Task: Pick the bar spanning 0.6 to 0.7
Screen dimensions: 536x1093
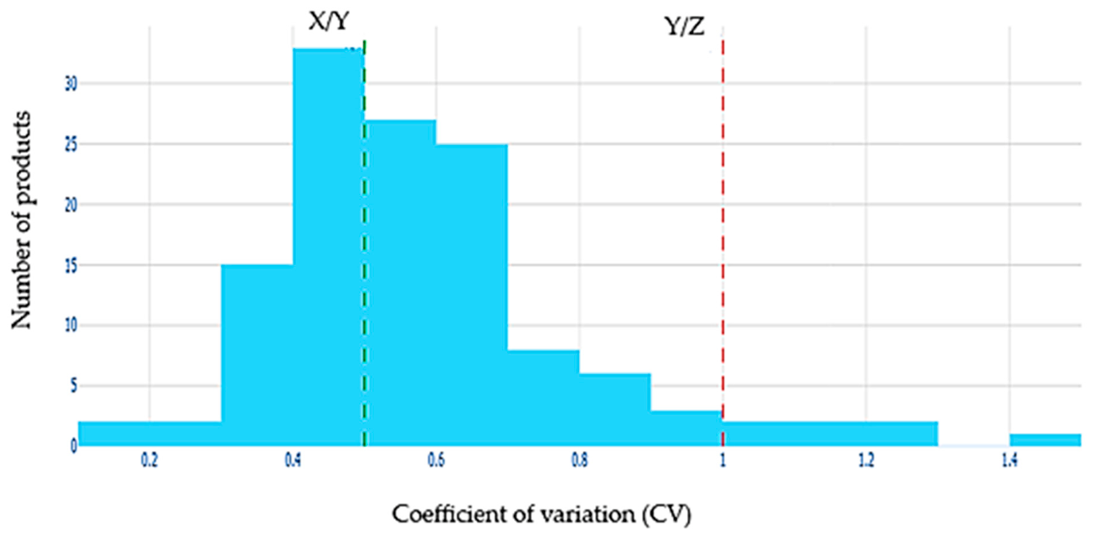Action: point(471,294)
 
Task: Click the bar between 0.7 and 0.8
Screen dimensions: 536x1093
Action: point(543,397)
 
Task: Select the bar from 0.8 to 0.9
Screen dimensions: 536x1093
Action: point(615,409)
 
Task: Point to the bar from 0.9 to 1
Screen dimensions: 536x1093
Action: point(686,427)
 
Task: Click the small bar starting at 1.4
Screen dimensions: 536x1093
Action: point(1045,439)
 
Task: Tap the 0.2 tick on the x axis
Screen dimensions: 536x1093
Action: point(148,459)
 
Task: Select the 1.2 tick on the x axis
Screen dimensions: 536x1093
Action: point(865,459)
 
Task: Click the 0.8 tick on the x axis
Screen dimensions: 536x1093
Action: point(579,459)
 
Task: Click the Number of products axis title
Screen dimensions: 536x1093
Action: point(23,220)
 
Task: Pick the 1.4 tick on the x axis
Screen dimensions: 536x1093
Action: point(1009,459)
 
